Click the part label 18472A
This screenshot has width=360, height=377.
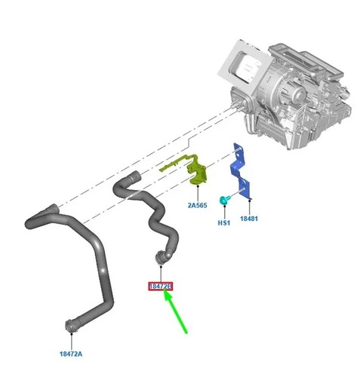click(71, 354)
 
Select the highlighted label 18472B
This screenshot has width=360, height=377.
click(161, 286)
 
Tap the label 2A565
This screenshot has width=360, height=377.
click(197, 205)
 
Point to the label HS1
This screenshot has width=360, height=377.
click(224, 222)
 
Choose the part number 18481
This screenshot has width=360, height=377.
click(249, 219)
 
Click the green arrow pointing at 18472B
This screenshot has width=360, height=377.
click(176, 311)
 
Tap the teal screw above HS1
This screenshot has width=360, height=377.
click(224, 200)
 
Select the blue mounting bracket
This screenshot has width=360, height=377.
click(240, 171)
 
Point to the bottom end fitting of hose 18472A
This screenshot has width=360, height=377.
click(71, 326)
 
